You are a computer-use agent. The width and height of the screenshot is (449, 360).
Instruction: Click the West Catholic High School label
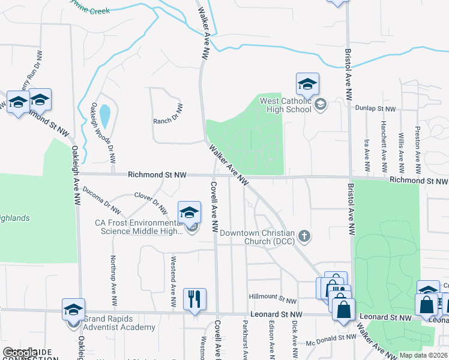coord(286,106)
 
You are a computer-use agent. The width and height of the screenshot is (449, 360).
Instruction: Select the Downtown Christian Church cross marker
coord(304,236)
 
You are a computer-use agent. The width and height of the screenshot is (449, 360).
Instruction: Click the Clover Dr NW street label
coord(151,202)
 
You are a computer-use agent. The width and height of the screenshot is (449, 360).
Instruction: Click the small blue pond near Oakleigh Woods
coord(104,116)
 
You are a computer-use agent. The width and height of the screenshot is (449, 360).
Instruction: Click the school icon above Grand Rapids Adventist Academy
coord(73,309)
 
